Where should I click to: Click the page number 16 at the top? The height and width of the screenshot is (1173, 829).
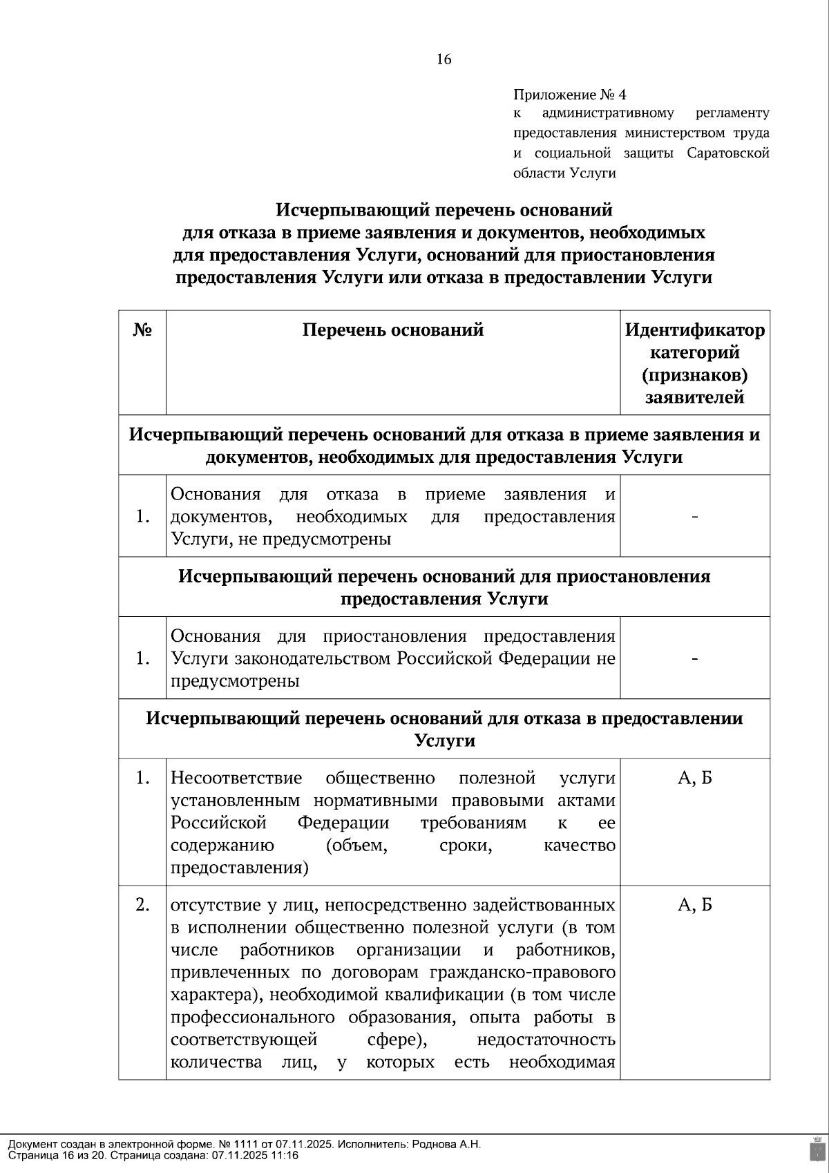point(444,59)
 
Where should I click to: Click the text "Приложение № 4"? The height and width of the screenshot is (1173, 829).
point(569,94)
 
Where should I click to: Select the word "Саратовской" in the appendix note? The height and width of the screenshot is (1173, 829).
point(728,153)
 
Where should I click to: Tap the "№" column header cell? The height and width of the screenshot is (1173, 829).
point(142,330)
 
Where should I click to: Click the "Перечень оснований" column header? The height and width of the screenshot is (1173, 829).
point(393,330)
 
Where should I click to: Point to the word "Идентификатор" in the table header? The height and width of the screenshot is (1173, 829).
point(695,330)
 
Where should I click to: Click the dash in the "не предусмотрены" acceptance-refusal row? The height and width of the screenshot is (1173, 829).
point(695,517)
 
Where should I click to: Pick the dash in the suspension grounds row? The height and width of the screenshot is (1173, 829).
point(695,658)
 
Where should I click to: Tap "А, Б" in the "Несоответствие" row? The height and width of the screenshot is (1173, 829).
point(695,779)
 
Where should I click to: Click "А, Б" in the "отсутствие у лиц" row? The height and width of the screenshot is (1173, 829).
point(695,905)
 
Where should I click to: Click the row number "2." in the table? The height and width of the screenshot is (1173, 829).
point(142,905)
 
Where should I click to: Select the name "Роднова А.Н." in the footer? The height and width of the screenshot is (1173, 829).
point(446,1144)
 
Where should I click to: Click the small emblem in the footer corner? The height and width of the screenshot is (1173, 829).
point(816,1148)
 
